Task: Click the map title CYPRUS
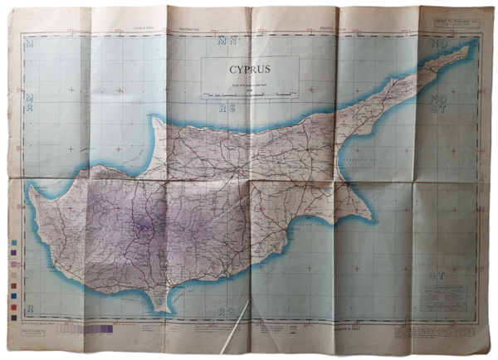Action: point(251,71)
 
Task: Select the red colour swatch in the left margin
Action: point(13,306)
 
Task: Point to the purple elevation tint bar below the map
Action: point(87,328)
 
